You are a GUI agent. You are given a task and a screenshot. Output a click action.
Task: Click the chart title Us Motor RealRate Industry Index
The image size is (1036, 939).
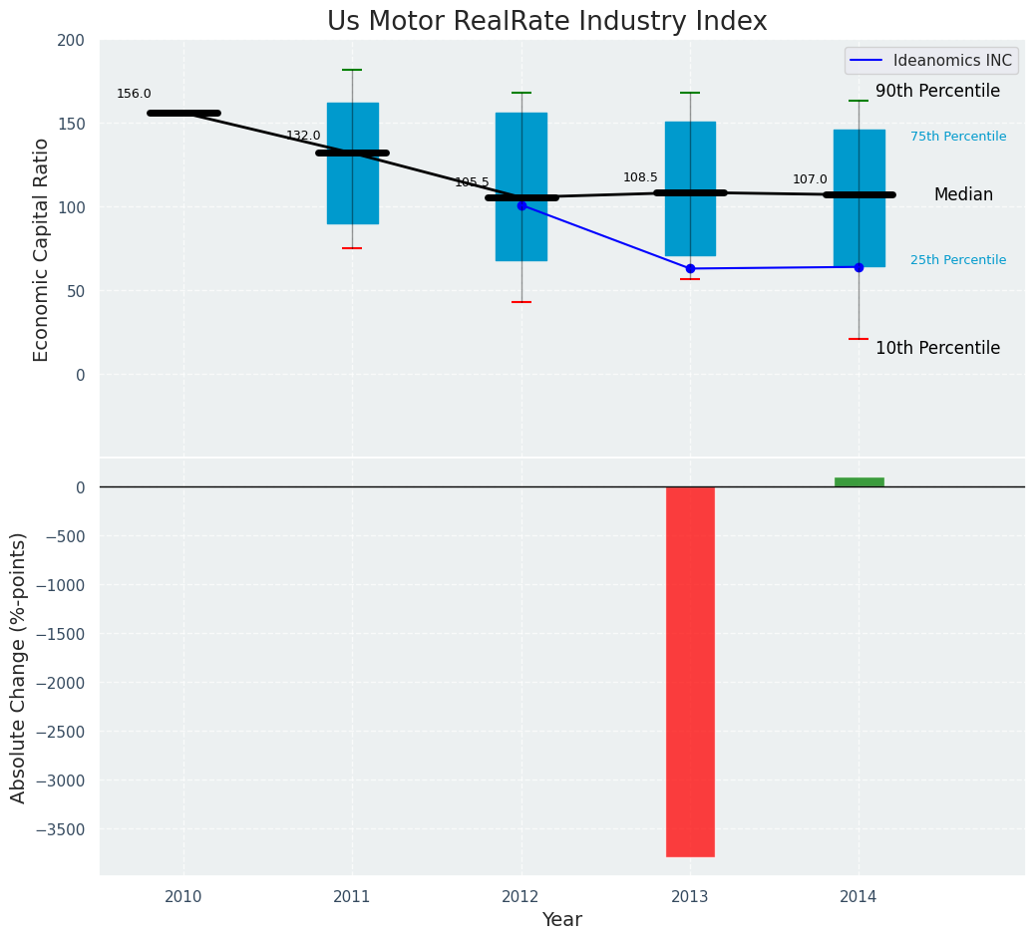point(546,22)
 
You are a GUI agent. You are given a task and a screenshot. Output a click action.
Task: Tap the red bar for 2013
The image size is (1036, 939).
point(690,671)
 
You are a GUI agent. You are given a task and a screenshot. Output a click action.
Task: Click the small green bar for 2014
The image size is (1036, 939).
point(859,482)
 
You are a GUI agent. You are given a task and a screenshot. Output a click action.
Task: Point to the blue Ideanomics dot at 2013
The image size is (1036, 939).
point(690,268)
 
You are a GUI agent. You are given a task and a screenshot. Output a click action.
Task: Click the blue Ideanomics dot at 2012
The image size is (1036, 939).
point(521,205)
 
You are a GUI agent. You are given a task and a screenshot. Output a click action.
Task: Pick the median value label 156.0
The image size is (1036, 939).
point(134,94)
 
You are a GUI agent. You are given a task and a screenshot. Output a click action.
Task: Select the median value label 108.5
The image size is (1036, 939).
point(640,177)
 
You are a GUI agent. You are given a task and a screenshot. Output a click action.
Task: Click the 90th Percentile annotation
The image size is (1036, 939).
point(937,92)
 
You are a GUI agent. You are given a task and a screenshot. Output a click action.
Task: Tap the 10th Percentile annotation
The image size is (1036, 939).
point(937,348)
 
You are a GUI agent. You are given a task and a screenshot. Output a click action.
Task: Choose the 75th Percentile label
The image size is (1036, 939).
point(958,137)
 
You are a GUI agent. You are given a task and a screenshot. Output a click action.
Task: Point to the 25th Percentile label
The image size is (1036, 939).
point(958,260)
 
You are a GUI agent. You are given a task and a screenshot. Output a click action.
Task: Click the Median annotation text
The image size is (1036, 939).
point(963,195)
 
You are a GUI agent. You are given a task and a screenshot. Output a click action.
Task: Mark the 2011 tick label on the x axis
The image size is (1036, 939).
point(352,897)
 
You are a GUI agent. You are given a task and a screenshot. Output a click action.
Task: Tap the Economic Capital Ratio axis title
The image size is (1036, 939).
point(42,249)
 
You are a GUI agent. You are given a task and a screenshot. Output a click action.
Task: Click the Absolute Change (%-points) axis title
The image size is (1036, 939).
point(19,667)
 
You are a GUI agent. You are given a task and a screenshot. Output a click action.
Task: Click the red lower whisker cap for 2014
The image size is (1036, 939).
point(859,339)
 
